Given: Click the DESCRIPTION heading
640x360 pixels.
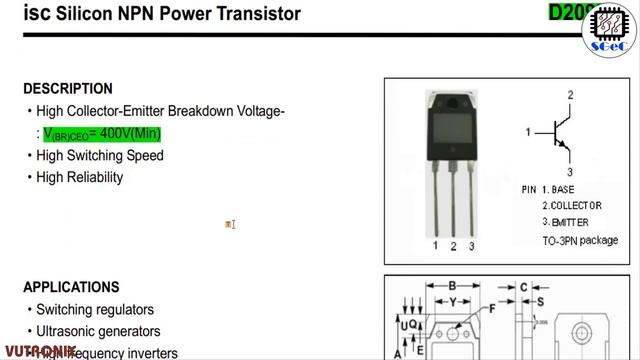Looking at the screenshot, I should pyautogui.click(x=68, y=89).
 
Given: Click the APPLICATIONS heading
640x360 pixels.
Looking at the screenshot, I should pyautogui.click(x=71, y=287).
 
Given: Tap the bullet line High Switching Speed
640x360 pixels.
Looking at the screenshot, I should pyautogui.click(x=100, y=155).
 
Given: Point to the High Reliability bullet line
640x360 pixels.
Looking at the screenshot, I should pyautogui.click(x=79, y=177).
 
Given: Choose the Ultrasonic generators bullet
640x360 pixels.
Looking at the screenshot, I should pyautogui.click(x=98, y=331).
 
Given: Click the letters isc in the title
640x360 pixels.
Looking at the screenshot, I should pyautogui.click(x=36, y=14).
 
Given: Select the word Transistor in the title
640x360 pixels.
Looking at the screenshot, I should pyautogui.click(x=262, y=14).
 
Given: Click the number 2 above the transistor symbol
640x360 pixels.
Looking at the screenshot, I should pyautogui.click(x=569, y=95).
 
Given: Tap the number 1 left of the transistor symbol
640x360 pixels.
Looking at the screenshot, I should pyautogui.click(x=528, y=132).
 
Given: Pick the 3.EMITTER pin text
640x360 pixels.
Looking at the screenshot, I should pyautogui.click(x=566, y=222).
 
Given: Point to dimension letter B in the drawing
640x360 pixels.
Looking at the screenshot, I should pyautogui.click(x=452, y=286).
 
